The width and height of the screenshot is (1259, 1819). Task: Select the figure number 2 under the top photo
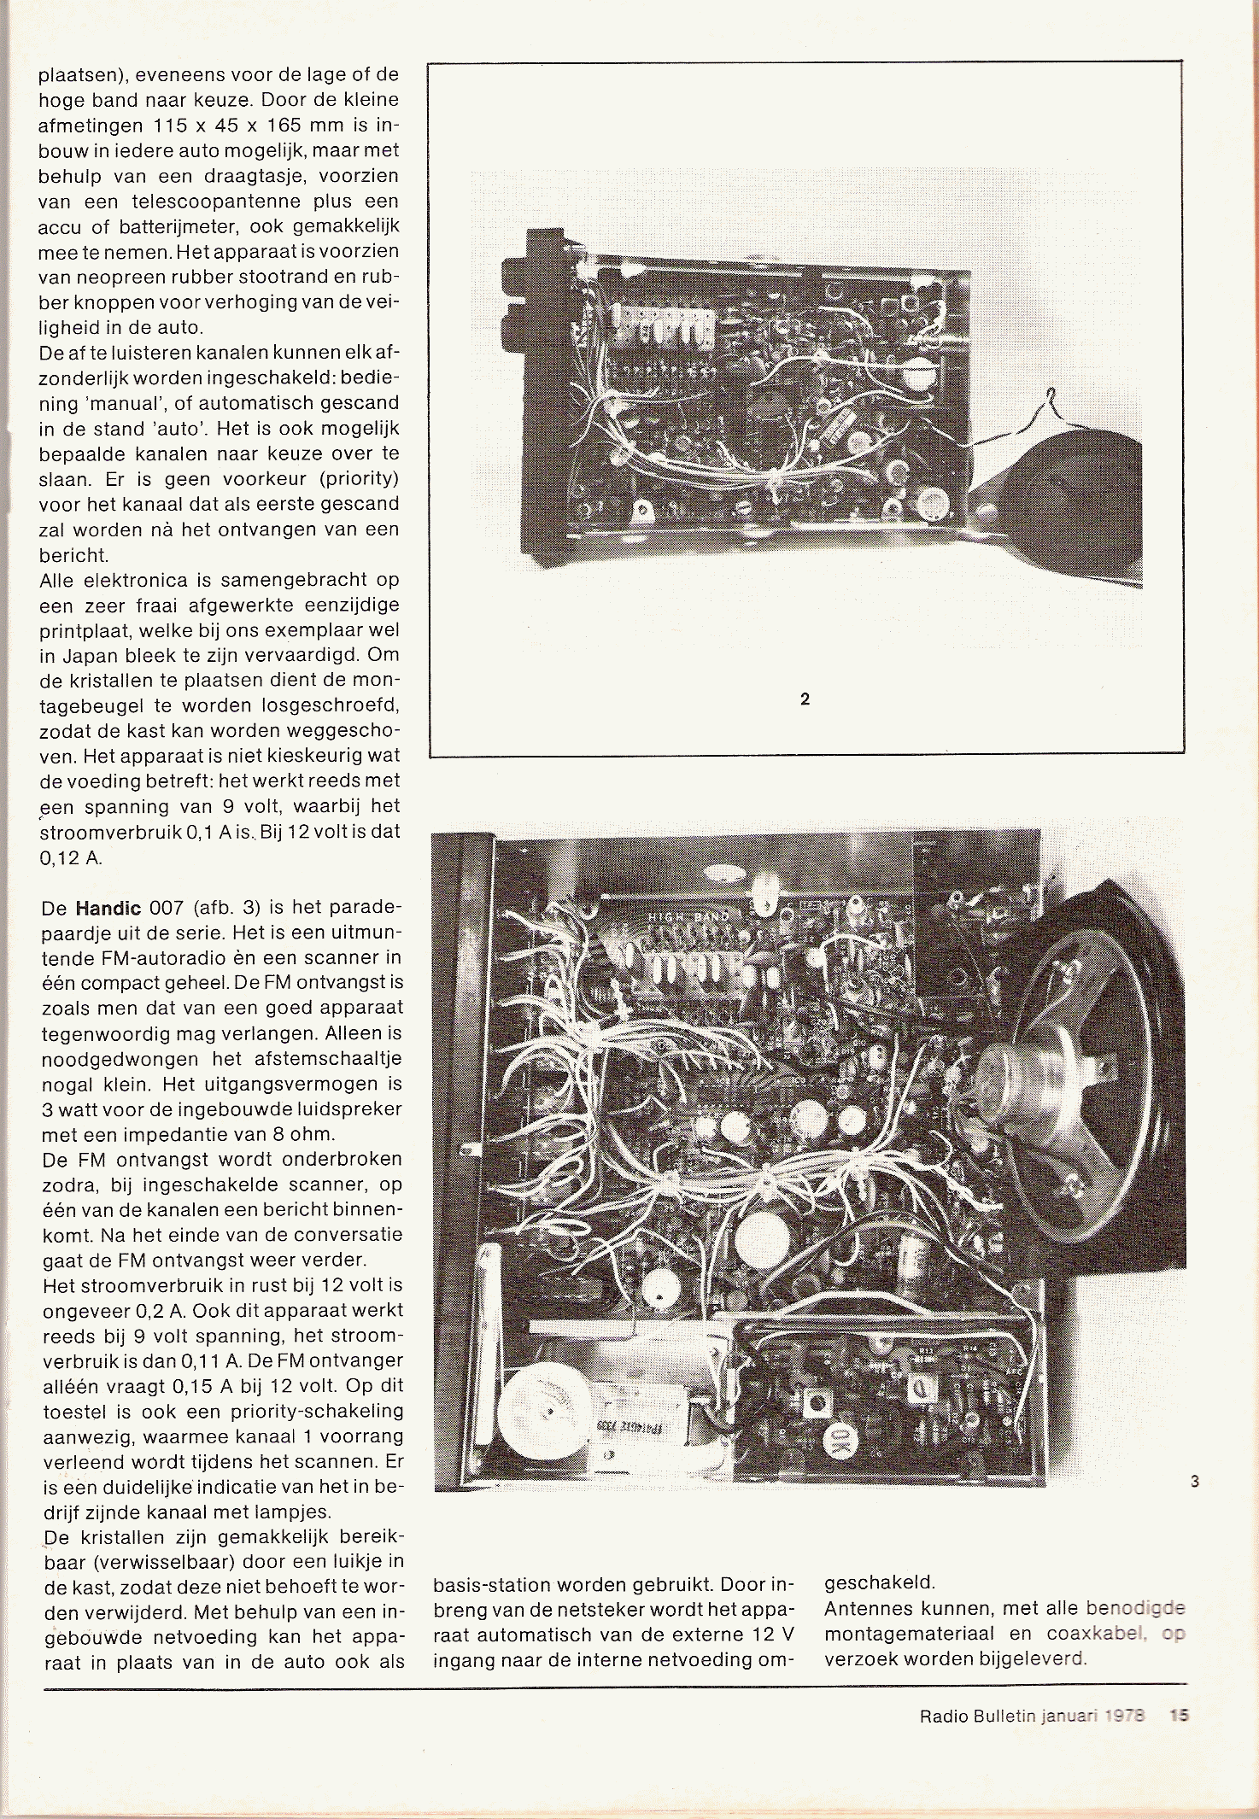[805, 699]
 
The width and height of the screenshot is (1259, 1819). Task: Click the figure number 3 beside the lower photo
[1194, 1482]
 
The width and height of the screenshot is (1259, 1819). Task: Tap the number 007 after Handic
[167, 908]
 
